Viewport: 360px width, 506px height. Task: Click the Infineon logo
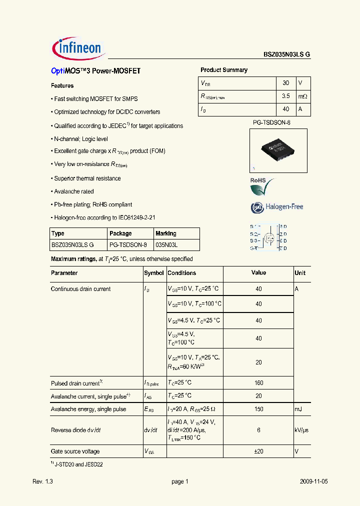pos(77,48)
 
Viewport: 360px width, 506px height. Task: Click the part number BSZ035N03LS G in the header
pos(287,55)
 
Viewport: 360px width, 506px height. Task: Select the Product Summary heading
pos(224,70)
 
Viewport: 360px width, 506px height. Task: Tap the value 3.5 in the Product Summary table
pos(285,96)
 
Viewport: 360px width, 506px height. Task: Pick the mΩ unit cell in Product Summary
pos(303,96)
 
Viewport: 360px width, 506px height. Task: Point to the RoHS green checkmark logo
pos(262,186)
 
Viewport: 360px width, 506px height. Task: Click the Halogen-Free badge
pos(276,206)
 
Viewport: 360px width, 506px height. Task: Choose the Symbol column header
pos(154,273)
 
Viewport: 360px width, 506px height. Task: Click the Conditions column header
pos(182,273)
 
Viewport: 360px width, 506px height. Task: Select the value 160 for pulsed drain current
pos(258,383)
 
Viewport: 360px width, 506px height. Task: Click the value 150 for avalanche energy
pos(258,409)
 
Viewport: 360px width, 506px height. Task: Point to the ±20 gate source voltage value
pos(258,451)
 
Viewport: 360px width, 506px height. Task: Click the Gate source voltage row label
pos(75,451)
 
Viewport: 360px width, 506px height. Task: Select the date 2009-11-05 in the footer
pos(313,481)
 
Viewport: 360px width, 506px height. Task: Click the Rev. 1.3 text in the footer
pos(42,481)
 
